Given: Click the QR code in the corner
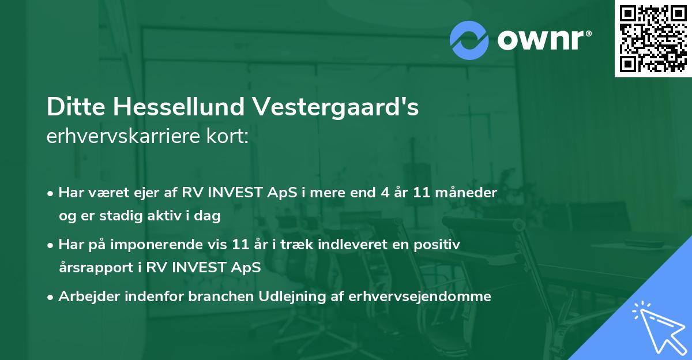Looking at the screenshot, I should (653, 39).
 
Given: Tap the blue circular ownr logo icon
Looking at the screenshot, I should (470, 40).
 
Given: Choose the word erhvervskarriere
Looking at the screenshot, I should (130, 137).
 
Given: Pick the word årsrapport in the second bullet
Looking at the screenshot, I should (93, 268).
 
